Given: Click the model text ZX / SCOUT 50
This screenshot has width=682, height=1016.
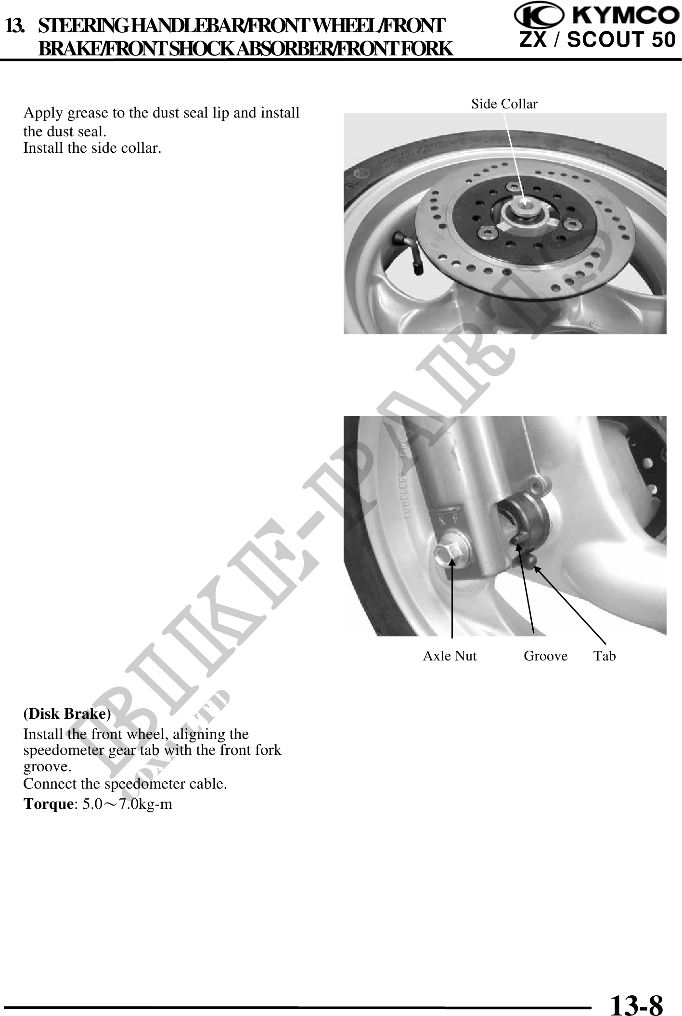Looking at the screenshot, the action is pyautogui.click(x=597, y=40).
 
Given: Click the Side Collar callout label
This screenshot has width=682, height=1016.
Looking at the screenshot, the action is pyautogui.click(x=504, y=104).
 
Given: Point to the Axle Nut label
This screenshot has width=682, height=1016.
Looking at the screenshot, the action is pyautogui.click(x=450, y=656).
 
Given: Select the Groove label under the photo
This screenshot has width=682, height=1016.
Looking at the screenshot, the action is pyautogui.click(x=545, y=656).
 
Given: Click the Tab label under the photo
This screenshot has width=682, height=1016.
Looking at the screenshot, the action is pyautogui.click(x=605, y=656).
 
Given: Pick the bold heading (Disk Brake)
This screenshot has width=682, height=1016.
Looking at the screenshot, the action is pyautogui.click(x=67, y=713).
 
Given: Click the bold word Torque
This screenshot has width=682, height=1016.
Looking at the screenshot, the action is pyautogui.click(x=48, y=804).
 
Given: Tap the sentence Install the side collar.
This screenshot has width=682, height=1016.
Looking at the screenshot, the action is pyautogui.click(x=92, y=147).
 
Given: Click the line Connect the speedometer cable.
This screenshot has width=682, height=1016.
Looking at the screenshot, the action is pyautogui.click(x=125, y=784).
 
